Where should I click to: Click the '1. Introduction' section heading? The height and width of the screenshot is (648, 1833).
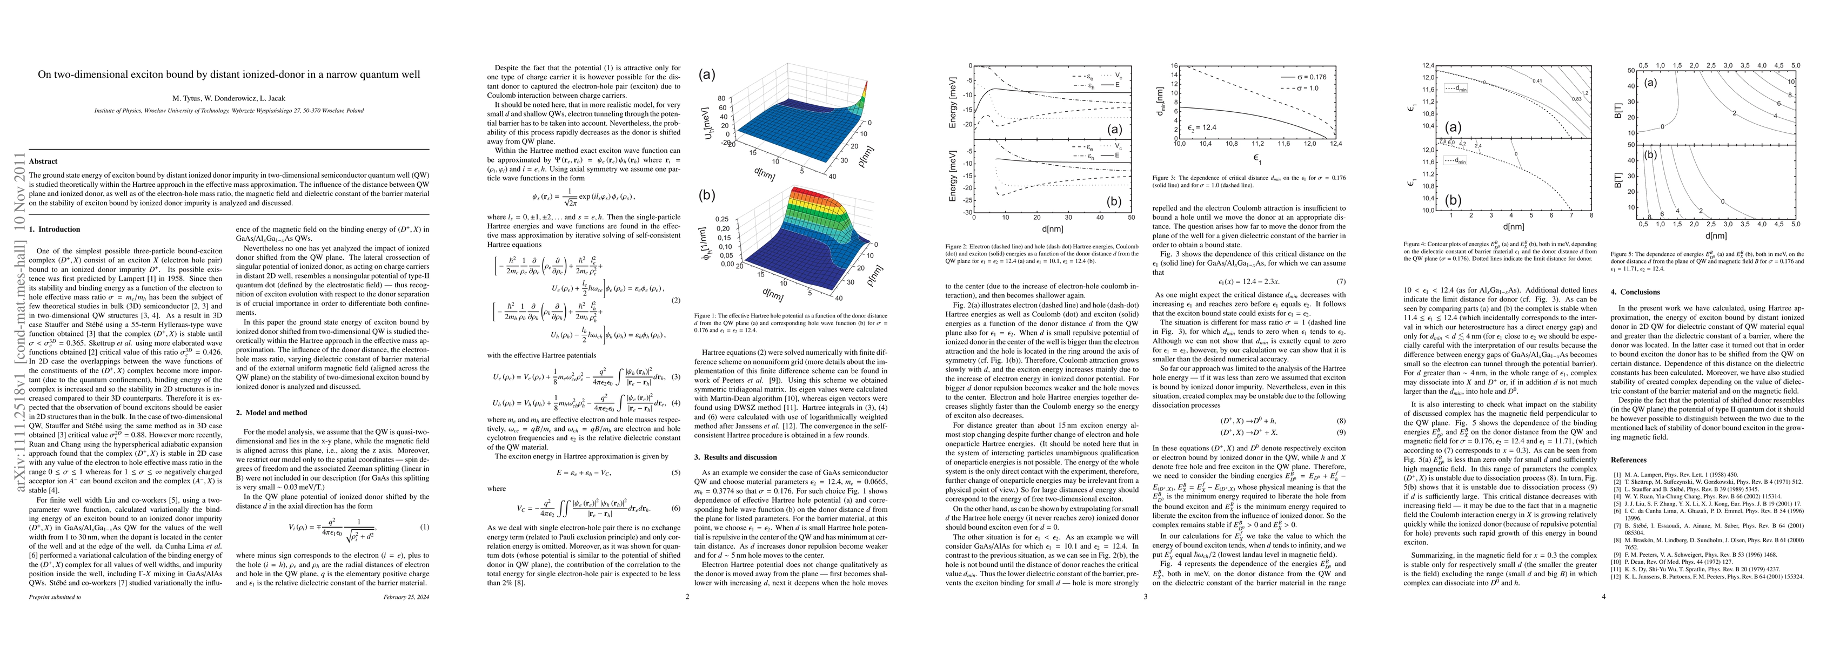55,229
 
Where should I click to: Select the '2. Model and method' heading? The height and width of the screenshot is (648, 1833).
272,413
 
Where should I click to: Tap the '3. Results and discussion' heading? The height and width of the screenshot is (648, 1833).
740,457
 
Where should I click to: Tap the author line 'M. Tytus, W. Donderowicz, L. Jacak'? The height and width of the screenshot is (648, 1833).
229,98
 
